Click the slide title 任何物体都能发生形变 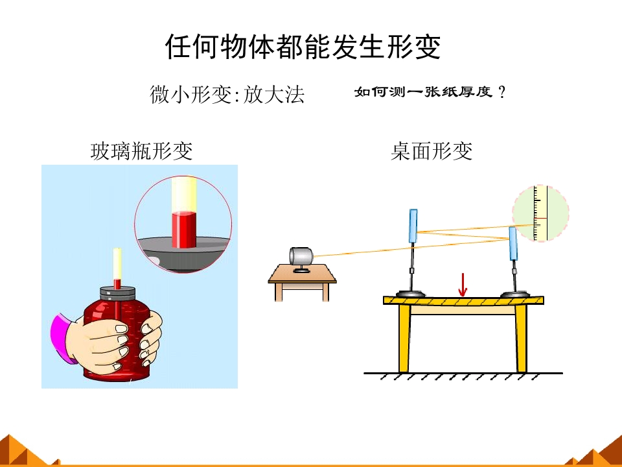[x=303, y=47]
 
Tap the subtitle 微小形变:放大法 [x=227, y=95]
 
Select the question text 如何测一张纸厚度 [x=423, y=92]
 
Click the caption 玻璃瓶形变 [x=142, y=151]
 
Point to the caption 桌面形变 [x=432, y=151]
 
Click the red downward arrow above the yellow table [x=462, y=285]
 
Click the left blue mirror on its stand [x=413, y=226]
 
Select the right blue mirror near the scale [x=513, y=243]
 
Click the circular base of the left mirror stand [x=410, y=294]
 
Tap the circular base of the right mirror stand [x=515, y=294]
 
